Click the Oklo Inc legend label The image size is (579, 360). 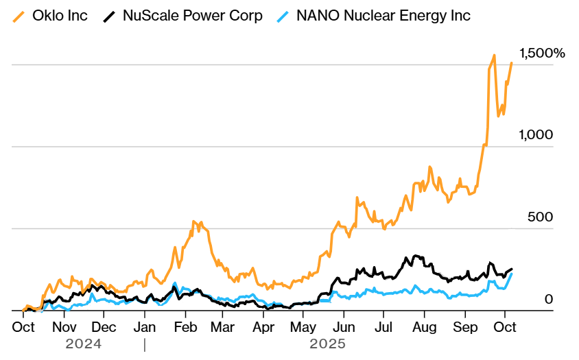(64, 15)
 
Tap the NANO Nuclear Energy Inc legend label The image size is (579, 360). (383, 15)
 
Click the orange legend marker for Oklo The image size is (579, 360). (21, 15)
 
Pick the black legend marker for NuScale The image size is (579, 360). (108, 15)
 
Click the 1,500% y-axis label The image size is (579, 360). (542, 53)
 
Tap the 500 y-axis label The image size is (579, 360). (539, 217)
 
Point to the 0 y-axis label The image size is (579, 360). (548, 299)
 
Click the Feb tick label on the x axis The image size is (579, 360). (185, 327)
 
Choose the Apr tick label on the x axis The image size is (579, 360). (263, 327)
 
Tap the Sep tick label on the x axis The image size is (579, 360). (466, 327)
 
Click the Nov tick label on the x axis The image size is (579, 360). (64, 327)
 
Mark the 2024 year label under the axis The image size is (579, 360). (84, 344)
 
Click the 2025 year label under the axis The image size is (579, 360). (327, 344)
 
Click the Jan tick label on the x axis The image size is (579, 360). (144, 327)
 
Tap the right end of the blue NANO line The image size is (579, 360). (512, 274)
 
